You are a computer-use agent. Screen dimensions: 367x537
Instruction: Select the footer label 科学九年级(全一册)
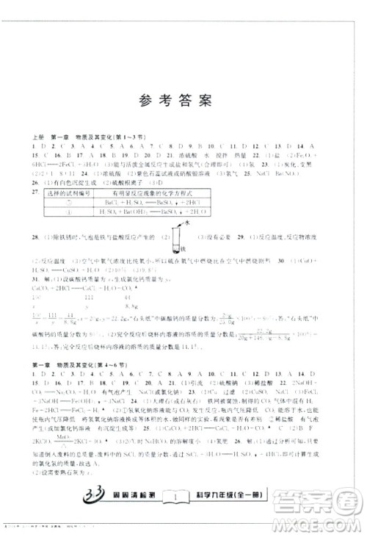point(233,499)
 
